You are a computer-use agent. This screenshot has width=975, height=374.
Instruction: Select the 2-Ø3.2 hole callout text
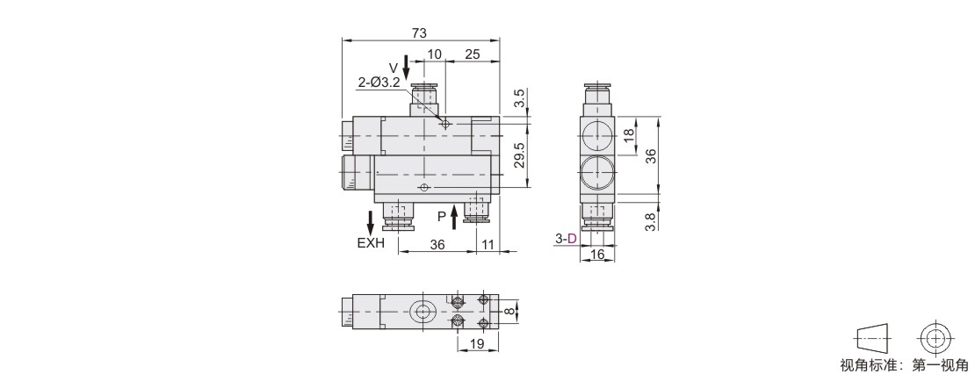point(379,83)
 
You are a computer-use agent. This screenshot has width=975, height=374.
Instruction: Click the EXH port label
point(371,243)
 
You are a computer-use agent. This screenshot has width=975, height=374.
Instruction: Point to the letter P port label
point(442,217)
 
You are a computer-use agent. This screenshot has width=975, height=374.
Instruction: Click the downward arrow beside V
point(406,67)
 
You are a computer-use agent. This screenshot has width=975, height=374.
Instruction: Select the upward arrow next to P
point(454,218)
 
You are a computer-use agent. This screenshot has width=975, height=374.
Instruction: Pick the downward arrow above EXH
point(371,223)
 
